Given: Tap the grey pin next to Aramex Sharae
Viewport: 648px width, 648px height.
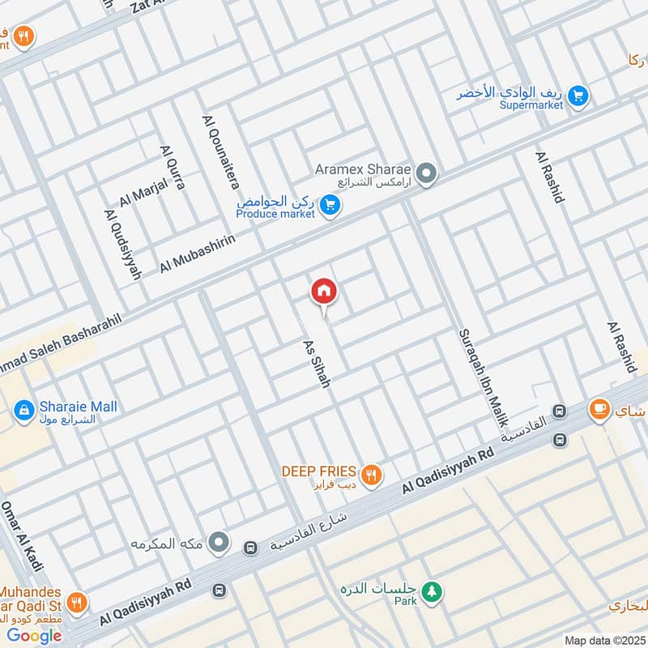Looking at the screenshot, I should point(426,173).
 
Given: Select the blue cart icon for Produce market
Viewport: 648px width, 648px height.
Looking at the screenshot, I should point(329,206).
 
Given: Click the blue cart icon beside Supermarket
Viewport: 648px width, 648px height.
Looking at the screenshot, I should point(578,96).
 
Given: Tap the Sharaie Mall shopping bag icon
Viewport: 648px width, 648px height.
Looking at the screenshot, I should point(24,411).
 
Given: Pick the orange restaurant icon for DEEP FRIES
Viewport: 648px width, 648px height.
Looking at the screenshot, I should point(372,475).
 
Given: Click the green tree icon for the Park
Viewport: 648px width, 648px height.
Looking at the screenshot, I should point(434,592).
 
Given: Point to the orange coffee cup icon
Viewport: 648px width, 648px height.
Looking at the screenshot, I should point(599,410).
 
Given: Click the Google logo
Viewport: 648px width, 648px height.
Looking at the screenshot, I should point(34,635).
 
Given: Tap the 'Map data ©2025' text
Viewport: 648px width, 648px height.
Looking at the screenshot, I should point(603,640).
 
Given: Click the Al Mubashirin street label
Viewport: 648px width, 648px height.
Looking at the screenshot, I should point(198,254).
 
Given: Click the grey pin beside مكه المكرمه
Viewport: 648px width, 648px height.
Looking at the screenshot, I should point(219,542).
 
